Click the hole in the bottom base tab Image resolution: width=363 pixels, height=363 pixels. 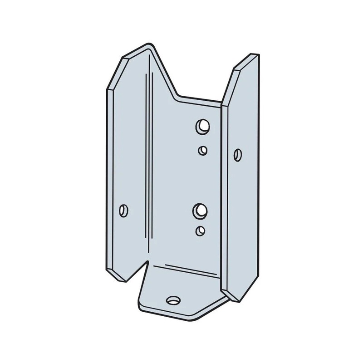click(x=173, y=299)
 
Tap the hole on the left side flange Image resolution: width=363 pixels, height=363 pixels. click(x=122, y=210)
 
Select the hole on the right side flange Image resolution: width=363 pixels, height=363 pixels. click(x=236, y=154)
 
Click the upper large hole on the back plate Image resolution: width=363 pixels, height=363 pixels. click(x=201, y=126)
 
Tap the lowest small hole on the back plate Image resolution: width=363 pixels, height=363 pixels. click(x=200, y=231)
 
